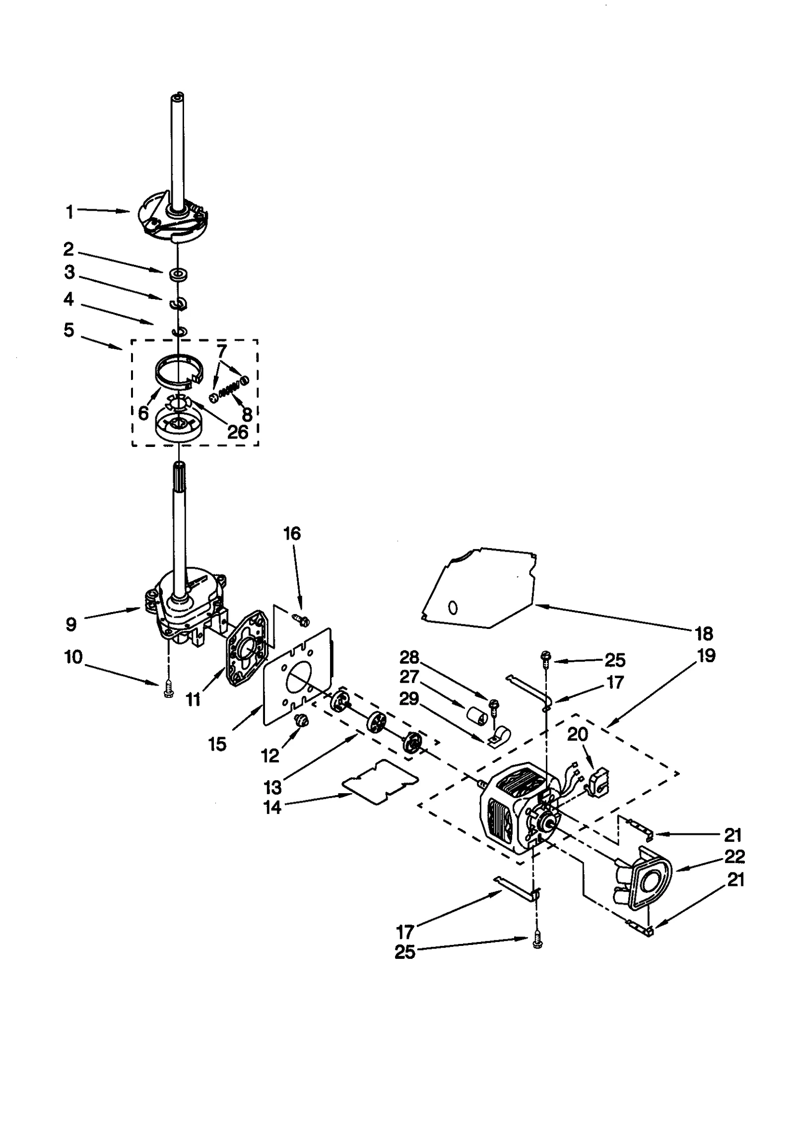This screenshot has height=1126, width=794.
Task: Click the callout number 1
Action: [69, 212]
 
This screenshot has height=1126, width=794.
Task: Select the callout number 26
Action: [237, 432]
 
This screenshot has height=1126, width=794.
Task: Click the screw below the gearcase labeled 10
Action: [167, 690]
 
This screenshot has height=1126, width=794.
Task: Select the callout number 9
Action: [71, 625]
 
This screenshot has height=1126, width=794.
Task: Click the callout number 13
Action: [273, 787]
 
